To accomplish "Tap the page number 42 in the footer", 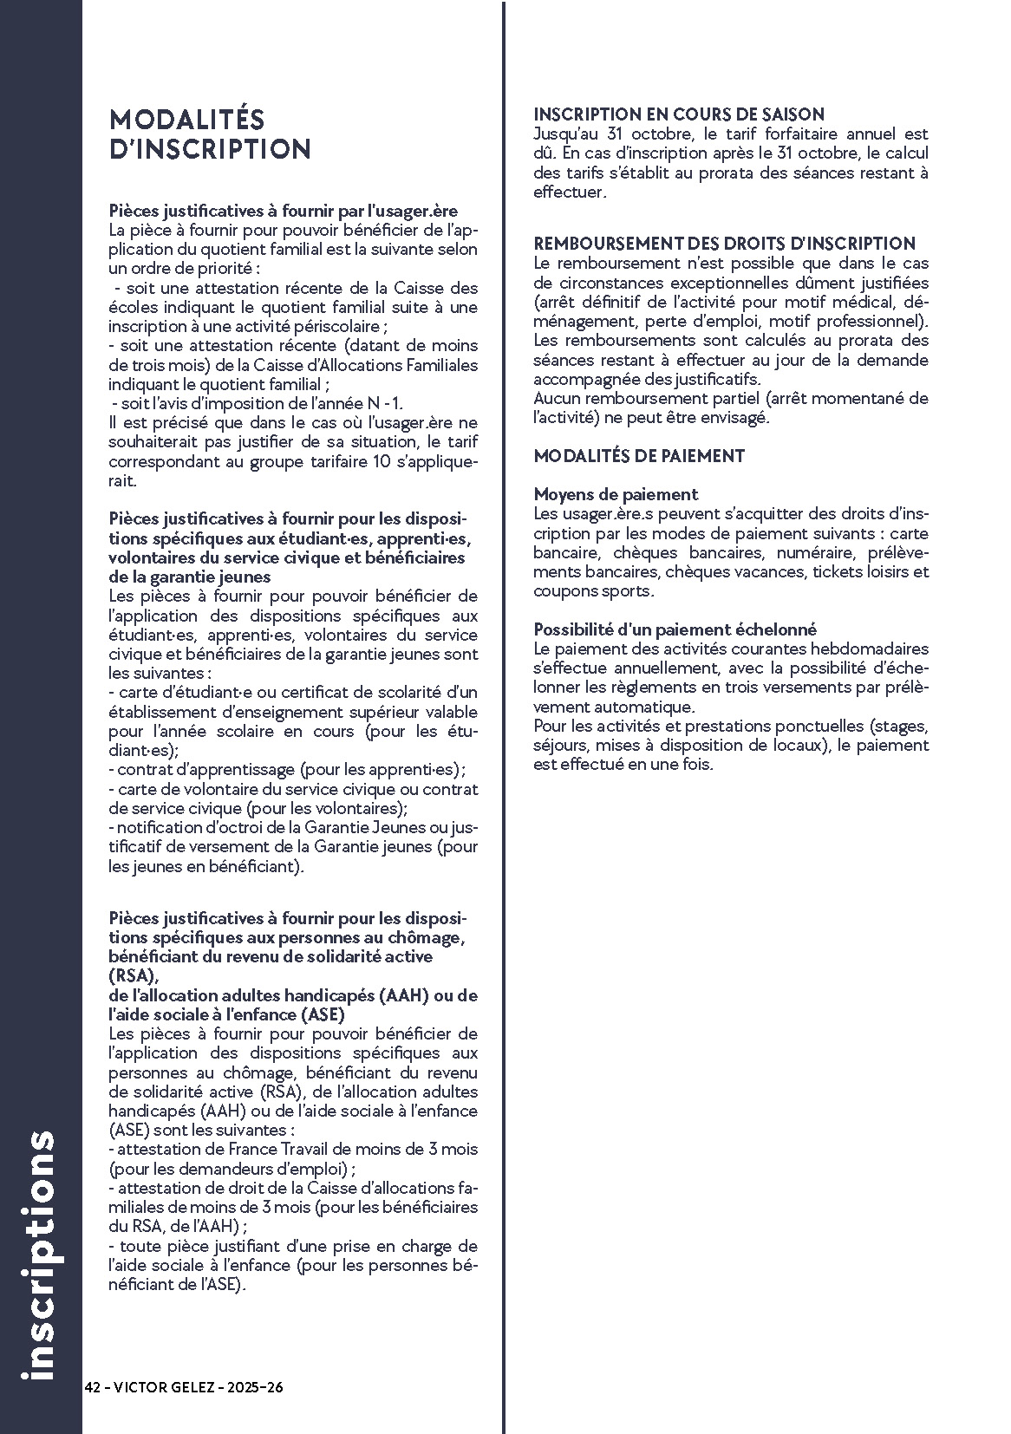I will (x=93, y=1387).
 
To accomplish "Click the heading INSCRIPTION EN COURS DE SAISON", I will (x=678, y=114).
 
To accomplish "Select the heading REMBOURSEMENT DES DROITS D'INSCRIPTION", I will (x=724, y=244).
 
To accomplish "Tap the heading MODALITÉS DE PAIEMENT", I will (x=639, y=456).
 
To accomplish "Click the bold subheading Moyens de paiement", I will (x=616, y=494).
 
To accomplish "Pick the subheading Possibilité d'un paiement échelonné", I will (x=675, y=629).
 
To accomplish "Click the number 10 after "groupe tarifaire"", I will (x=371, y=461).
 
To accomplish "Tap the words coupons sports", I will (x=591, y=591).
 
